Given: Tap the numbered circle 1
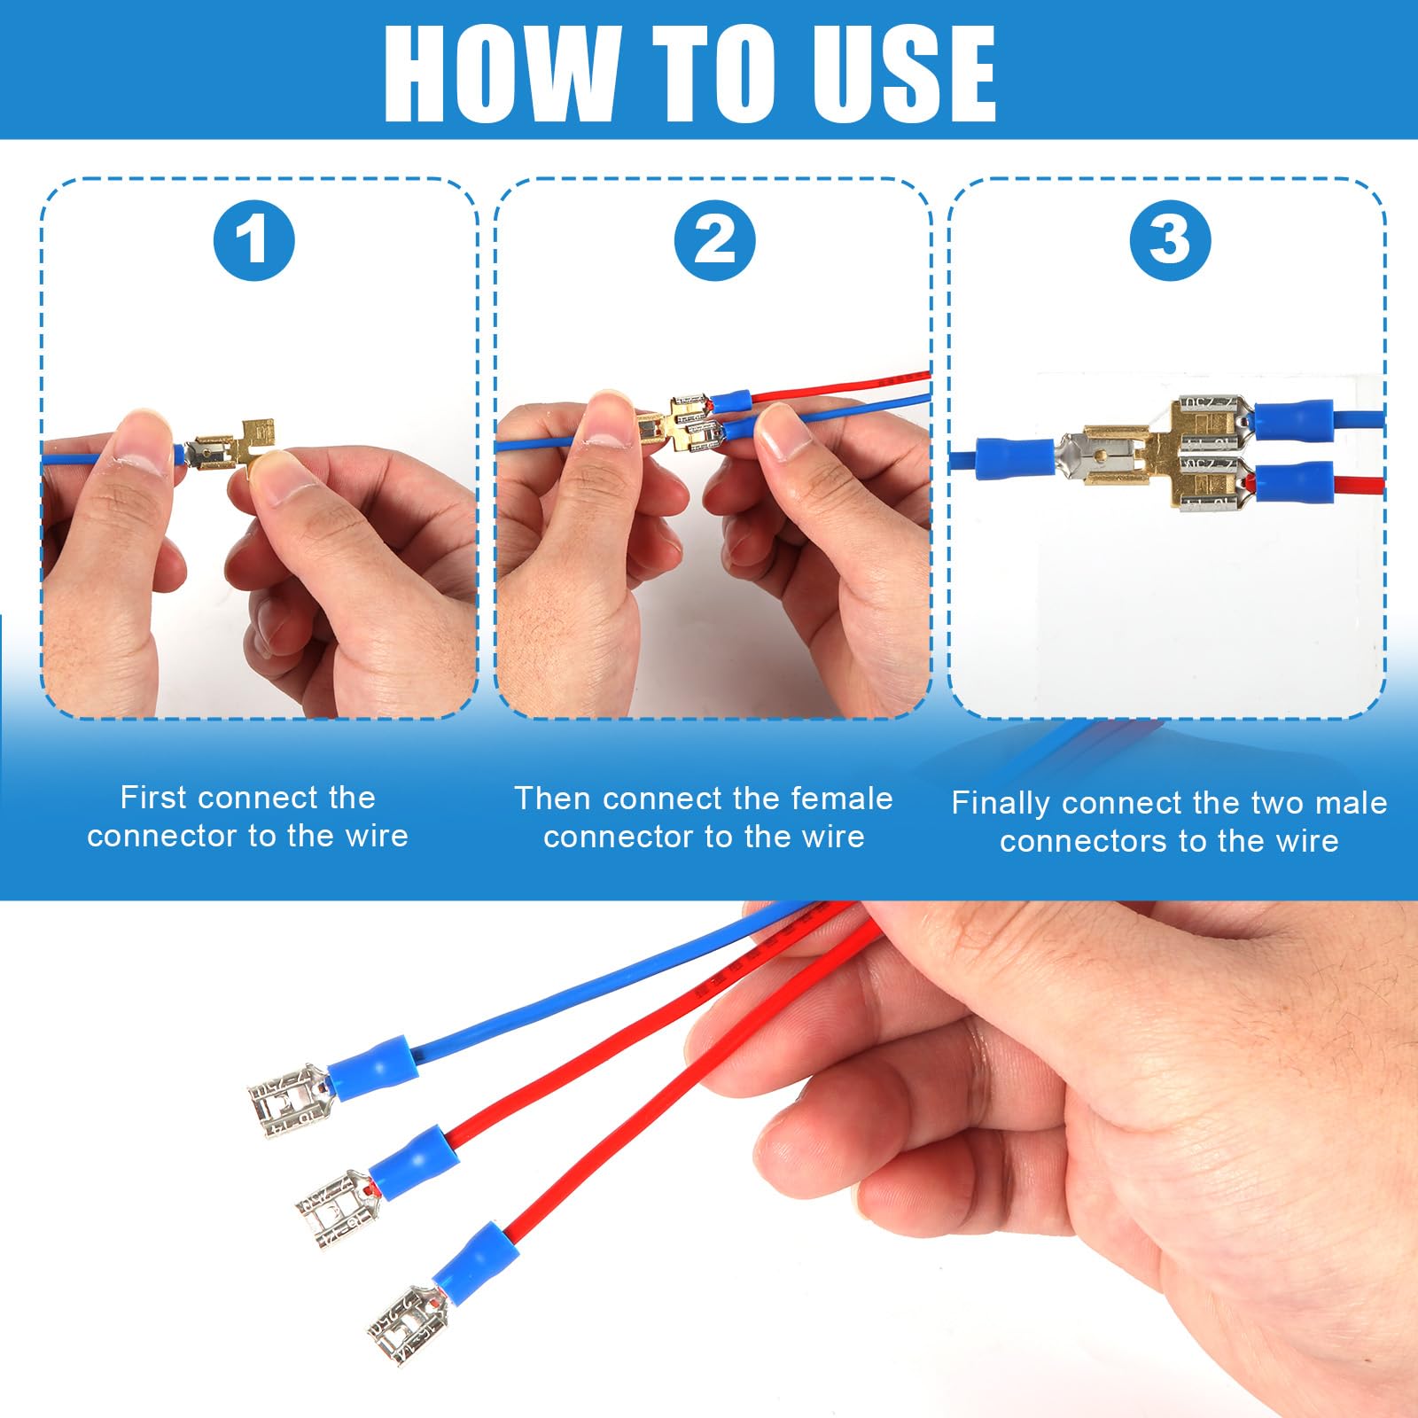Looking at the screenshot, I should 253,240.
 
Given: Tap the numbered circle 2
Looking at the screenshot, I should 714,240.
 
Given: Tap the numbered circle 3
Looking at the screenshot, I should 1170,240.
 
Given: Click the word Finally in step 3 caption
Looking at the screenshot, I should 1001,803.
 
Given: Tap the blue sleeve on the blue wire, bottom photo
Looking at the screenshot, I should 372,1067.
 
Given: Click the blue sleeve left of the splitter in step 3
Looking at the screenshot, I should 1015,457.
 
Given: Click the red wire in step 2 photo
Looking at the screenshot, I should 842,386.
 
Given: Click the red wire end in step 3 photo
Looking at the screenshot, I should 1360,486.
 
